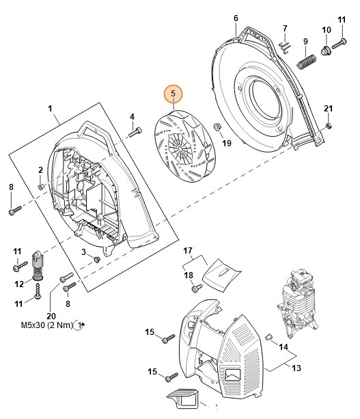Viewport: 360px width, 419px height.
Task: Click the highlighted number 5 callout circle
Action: (x=173, y=93)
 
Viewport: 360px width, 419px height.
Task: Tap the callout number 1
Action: (x=50, y=108)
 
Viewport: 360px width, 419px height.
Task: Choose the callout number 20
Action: (x=50, y=314)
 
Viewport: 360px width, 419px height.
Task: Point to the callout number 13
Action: (x=296, y=368)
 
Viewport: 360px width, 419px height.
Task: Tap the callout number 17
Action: (x=189, y=252)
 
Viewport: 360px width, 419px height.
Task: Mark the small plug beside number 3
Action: (x=96, y=259)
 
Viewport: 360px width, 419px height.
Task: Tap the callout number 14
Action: (x=282, y=347)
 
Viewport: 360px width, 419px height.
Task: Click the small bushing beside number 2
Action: (x=42, y=185)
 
